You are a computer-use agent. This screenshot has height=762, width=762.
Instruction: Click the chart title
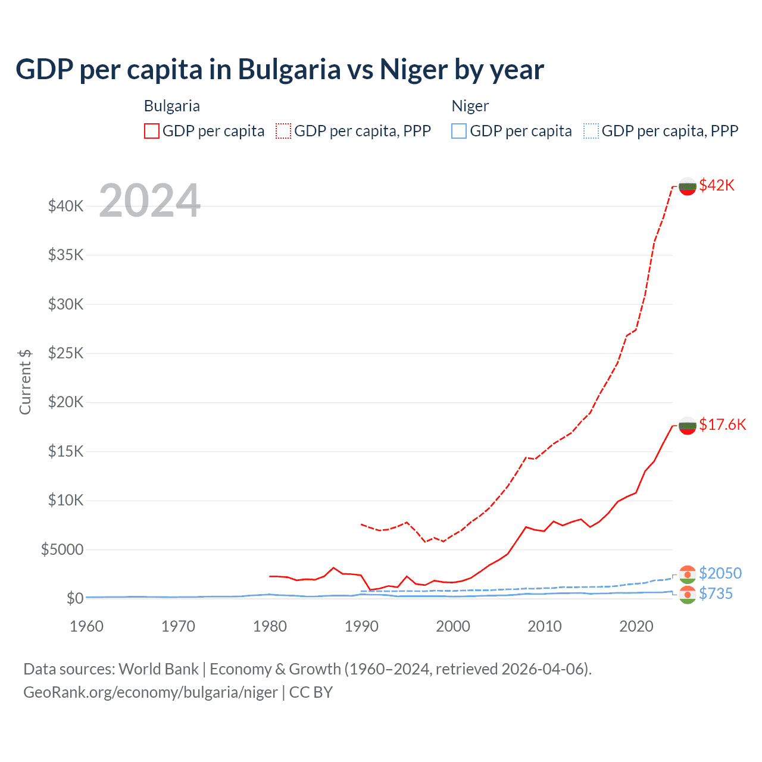click(x=279, y=70)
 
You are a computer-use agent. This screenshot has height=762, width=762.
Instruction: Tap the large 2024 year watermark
click(x=150, y=201)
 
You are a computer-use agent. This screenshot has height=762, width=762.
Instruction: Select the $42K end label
click(x=717, y=185)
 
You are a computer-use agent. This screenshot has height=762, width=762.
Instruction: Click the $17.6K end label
click(x=722, y=424)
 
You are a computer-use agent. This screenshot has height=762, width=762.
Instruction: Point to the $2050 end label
click(x=720, y=573)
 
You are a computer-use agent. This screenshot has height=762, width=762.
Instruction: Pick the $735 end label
click(x=716, y=594)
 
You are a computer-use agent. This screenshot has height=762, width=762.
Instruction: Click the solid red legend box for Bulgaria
click(x=152, y=131)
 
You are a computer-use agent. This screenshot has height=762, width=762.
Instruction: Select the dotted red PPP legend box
click(x=283, y=131)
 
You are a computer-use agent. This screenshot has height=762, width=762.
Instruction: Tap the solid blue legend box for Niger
click(x=459, y=131)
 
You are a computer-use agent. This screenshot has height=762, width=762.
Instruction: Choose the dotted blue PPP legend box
click(x=591, y=131)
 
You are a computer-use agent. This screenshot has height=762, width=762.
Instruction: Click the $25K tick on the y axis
click(x=66, y=353)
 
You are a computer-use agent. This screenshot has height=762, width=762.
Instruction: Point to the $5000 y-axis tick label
click(x=63, y=549)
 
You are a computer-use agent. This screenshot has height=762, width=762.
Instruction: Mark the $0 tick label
click(x=75, y=598)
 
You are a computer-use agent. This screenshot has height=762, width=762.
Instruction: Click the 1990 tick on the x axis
click(x=361, y=626)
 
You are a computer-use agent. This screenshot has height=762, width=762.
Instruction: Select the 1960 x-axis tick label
click(x=87, y=626)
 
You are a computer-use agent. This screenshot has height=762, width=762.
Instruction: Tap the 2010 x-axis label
click(x=545, y=626)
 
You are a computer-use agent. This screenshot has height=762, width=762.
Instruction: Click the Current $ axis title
click(x=25, y=382)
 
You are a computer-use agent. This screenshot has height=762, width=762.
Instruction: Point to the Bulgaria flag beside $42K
click(x=688, y=186)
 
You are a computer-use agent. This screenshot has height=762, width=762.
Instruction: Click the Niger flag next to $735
click(x=688, y=594)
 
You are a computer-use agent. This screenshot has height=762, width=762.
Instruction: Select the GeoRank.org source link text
click(x=151, y=692)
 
